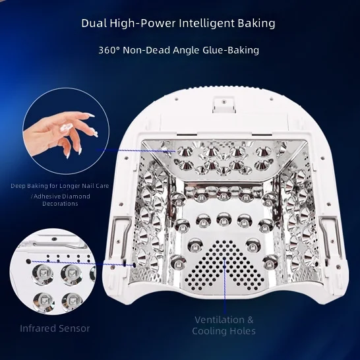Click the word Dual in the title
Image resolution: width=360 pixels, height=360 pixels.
point(94,23)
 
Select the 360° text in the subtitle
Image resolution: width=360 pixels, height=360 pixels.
point(109,50)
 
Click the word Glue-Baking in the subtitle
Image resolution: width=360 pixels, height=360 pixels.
point(231,50)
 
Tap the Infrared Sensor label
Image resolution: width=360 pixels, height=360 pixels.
point(55,328)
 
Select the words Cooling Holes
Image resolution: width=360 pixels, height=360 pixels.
point(224,331)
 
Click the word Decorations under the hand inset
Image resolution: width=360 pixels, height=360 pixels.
point(60,204)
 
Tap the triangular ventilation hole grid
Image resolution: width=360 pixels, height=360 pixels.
point(225,263)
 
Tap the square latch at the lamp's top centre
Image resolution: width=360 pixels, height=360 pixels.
point(224,104)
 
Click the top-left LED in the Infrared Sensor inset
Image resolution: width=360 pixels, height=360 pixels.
point(43,274)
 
